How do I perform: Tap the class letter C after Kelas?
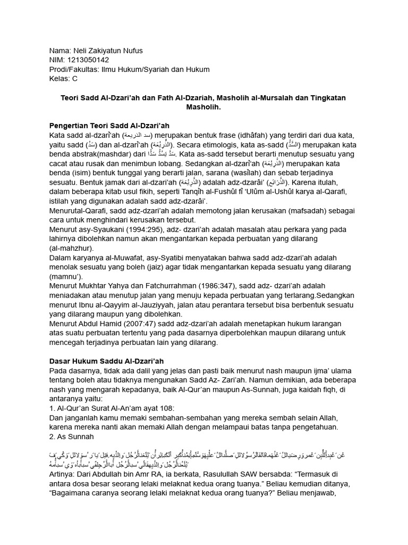[74, 79]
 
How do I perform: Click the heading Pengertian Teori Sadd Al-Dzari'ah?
[109, 125]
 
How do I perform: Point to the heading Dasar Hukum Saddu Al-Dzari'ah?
[106, 361]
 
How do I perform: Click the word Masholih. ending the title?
[203, 107]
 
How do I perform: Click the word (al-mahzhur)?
[71, 248]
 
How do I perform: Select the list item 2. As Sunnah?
[71, 437]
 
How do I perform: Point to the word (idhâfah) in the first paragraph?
[217, 136]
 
